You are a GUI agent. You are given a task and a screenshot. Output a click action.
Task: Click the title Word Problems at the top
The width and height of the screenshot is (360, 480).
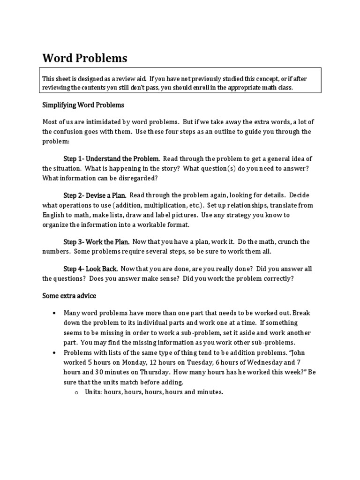[x=84, y=58]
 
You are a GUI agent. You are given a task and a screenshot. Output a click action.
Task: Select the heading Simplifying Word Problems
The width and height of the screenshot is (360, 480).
[x=83, y=105]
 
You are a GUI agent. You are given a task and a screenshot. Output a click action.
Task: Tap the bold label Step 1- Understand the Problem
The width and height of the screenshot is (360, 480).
[x=112, y=159]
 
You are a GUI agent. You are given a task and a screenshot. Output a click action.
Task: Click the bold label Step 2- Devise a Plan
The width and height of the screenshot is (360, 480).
[x=95, y=195]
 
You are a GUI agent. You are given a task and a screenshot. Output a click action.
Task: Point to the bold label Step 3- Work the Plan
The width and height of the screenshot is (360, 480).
[x=97, y=242]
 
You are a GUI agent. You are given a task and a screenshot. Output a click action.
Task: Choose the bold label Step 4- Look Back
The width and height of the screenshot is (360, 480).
[x=90, y=269]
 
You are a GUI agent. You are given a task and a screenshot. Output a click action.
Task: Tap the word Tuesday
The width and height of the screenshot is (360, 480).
[x=183, y=362]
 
